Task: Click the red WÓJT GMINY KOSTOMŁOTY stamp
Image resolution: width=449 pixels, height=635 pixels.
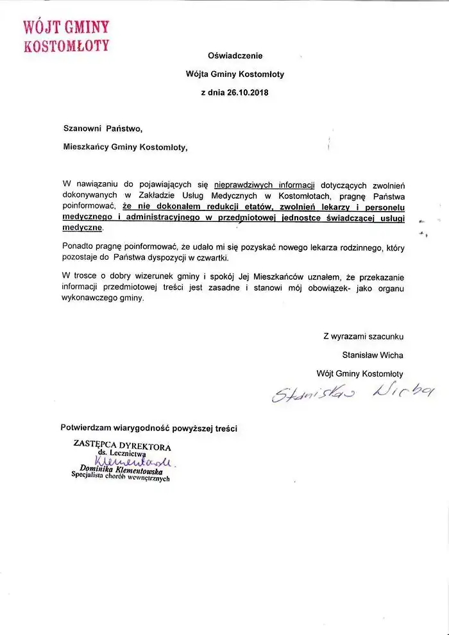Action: point(66,36)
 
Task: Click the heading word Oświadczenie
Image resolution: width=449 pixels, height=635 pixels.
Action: point(235,56)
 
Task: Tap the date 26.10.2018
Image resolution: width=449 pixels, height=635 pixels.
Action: point(247,92)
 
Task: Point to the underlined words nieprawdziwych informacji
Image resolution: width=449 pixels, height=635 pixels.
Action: point(255,184)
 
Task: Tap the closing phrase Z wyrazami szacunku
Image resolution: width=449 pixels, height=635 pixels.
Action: point(363,335)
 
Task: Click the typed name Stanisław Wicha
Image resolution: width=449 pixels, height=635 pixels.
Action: point(373,354)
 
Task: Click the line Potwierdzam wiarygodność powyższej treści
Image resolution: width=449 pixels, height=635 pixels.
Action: point(149,428)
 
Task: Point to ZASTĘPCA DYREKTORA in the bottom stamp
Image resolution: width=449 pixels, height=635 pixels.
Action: point(123,446)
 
